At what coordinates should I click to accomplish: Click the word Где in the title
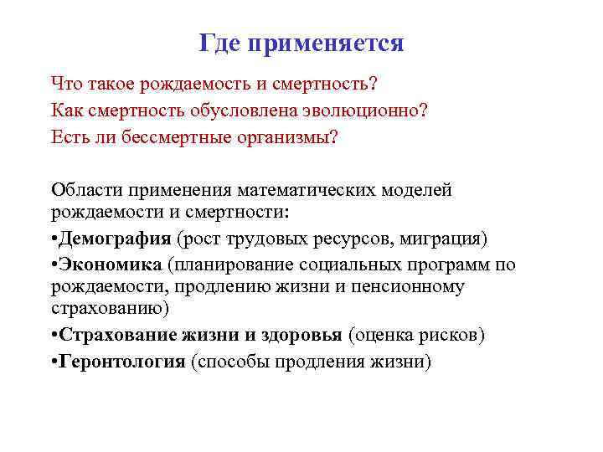[x=219, y=43]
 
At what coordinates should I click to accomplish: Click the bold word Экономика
[x=110, y=265]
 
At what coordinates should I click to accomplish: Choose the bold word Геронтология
[x=121, y=362]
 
